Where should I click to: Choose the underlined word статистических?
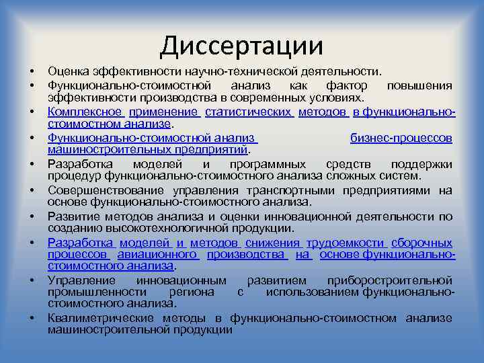[x=249, y=112]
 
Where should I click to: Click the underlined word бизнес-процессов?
[x=401, y=138]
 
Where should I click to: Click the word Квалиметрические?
[x=95, y=318]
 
